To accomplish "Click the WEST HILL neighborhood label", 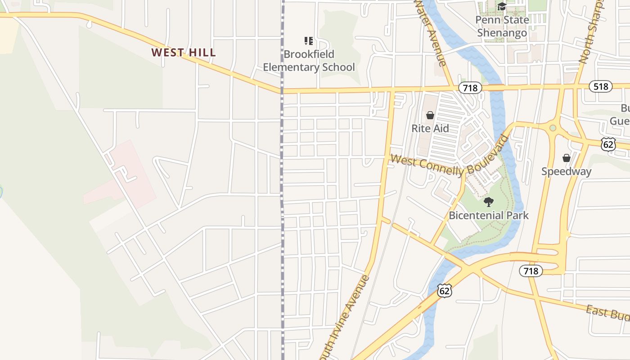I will [x=183, y=52].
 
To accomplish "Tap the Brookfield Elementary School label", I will [x=309, y=61].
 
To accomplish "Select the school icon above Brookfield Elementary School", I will [x=309, y=41].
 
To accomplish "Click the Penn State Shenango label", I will [x=502, y=27].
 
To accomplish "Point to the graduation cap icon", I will [x=502, y=6].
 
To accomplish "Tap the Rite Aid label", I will [x=430, y=128].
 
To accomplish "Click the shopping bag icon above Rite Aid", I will [x=430, y=115].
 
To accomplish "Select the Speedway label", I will [x=566, y=171].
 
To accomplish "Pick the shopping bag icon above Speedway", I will [x=567, y=158].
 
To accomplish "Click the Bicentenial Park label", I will [x=489, y=215].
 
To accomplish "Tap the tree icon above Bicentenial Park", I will [x=489, y=202].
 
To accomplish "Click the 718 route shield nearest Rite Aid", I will [x=470, y=88].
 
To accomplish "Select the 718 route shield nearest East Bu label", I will [x=531, y=271].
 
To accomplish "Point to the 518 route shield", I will [x=600, y=86].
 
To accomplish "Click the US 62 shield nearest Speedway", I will [x=608, y=144].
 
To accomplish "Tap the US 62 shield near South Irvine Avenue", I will [x=444, y=291].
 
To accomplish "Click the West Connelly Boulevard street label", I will [x=450, y=162].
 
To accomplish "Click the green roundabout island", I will [x=553, y=128].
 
